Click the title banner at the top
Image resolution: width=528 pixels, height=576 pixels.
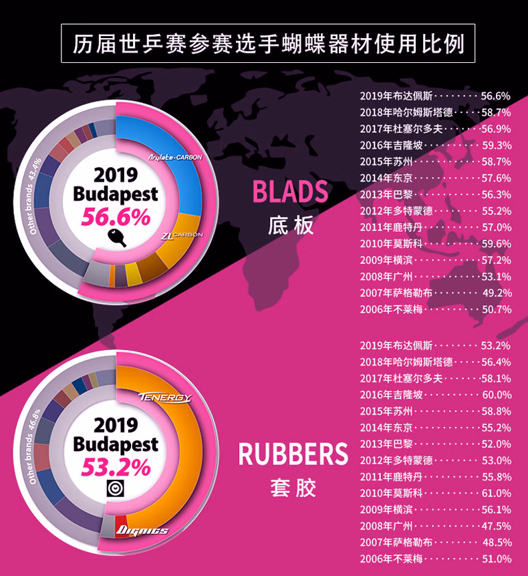click(268, 44)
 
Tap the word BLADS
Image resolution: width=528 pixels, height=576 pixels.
click(290, 192)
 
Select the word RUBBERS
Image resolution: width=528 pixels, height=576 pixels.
click(293, 455)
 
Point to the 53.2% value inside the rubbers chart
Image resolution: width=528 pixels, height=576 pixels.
click(116, 467)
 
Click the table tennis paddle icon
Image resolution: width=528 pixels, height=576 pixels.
click(116, 237)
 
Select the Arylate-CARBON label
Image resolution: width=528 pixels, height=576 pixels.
click(174, 158)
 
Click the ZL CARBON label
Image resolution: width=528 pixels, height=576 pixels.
click(182, 235)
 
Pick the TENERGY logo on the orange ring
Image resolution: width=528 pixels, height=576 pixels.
click(164, 398)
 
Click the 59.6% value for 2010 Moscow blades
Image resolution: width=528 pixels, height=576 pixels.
click(496, 244)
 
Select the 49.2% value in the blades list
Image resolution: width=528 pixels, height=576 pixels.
click(496, 293)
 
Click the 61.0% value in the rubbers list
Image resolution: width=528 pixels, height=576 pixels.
click(496, 493)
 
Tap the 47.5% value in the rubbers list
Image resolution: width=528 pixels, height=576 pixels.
click(496, 526)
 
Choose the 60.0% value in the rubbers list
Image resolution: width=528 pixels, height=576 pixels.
click(496, 395)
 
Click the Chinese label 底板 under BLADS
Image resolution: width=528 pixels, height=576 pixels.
click(290, 225)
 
